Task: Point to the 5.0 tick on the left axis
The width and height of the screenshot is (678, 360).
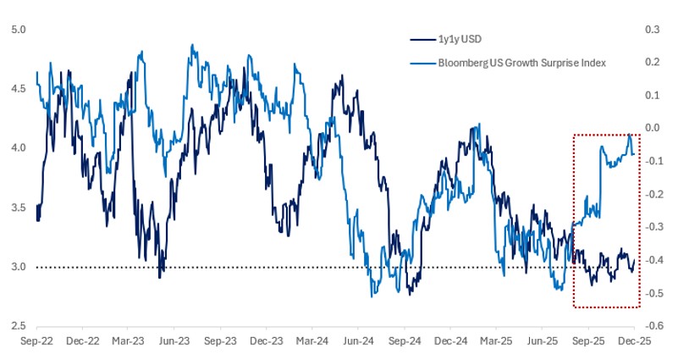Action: tap(18, 30)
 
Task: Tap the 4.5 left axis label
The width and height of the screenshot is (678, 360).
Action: tap(18, 89)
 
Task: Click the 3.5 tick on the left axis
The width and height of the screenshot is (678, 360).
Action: tap(18, 208)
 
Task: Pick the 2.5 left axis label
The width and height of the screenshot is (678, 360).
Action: tap(18, 326)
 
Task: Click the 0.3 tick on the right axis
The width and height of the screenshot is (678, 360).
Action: tap(653, 30)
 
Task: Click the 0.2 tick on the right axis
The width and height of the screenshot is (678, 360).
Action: tap(653, 63)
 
